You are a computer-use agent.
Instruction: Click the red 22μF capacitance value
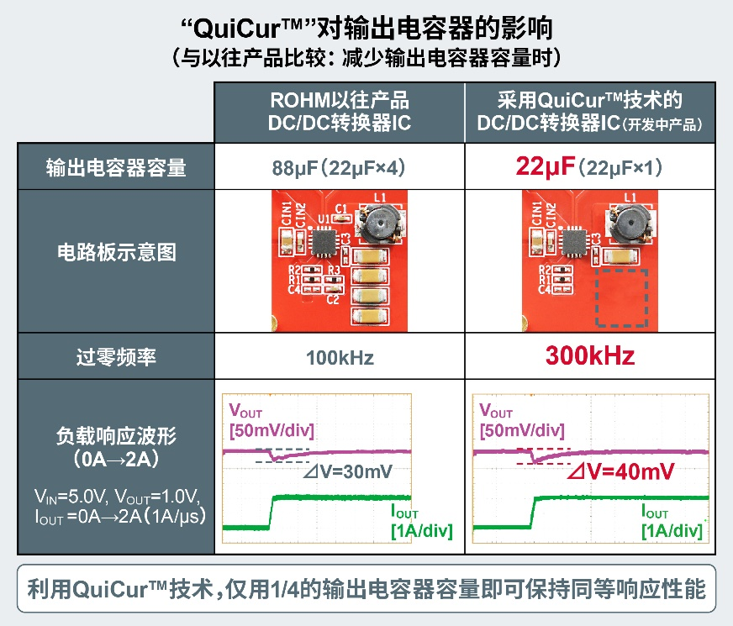(x=545, y=166)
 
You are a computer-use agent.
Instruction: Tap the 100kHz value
(x=340, y=358)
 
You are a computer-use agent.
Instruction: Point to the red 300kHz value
(x=590, y=355)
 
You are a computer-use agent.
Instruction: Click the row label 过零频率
(x=116, y=357)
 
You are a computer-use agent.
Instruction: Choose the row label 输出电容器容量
(x=116, y=167)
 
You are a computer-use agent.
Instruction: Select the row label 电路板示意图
(x=116, y=252)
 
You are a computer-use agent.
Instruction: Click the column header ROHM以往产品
(x=340, y=100)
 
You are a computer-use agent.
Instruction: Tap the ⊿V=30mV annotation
(x=348, y=472)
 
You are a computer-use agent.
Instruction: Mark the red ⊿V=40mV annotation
(x=621, y=471)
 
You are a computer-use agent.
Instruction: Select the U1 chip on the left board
(x=323, y=241)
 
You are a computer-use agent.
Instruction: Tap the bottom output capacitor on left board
(x=370, y=316)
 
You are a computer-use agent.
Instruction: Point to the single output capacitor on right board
(x=620, y=256)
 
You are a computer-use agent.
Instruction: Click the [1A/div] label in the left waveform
(x=422, y=531)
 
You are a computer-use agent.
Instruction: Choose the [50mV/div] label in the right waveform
(x=522, y=430)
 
